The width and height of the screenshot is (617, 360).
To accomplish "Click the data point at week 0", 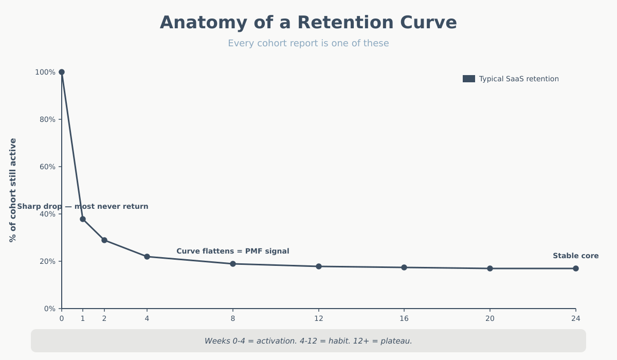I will coord(62,72).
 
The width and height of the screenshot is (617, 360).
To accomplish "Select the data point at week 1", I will coord(83,219).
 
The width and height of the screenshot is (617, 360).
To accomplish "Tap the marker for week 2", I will coord(104,240).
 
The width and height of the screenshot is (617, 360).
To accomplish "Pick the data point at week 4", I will coord(147,257).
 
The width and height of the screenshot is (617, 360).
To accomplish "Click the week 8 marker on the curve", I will coord(233,264).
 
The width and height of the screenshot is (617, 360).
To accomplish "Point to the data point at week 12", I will coord(319,266).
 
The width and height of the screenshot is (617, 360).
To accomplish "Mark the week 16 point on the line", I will coord(404,267).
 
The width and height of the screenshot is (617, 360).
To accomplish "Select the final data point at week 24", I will coord(576,268).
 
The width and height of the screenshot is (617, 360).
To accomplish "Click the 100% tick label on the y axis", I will coord(45,73).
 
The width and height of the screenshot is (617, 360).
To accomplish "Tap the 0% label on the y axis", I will coord(49,309).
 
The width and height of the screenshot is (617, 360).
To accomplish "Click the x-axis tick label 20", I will coord(490,319).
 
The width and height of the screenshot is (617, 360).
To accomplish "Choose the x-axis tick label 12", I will coord(319,319).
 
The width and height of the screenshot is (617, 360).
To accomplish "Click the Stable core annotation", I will coord(575,256).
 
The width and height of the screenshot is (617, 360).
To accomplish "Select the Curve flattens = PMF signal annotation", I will coord(233,251).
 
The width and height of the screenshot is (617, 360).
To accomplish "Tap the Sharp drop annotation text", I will coord(83,207).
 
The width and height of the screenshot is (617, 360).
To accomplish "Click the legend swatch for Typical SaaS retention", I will coord(468,79).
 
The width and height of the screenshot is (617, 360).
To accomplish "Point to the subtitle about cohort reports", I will coord(308,44).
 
